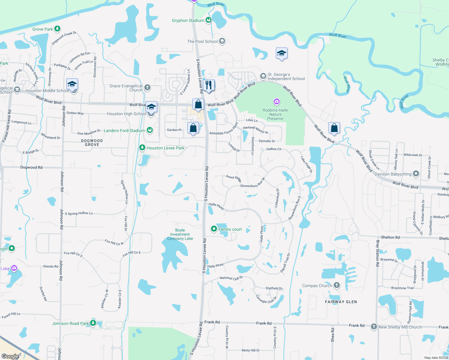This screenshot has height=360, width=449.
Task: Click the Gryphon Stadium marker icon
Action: tap(209, 20)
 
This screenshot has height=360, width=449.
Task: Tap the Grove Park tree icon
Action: tap(57, 29)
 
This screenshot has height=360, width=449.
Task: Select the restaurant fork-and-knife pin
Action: tap(209, 85)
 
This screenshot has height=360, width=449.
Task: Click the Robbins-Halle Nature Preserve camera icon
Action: tap(276, 102)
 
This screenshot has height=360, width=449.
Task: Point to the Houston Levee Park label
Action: tap(165, 148)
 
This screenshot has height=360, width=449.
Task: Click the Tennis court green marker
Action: tap(214, 229)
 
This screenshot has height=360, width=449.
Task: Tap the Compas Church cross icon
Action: tap(337, 285)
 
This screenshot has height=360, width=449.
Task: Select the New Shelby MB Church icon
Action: tap(374, 327)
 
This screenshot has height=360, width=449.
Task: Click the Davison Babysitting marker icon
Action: tap(416, 174)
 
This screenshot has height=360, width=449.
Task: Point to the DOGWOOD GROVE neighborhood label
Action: tap(92, 142)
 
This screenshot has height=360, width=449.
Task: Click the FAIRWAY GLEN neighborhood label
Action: tap(341, 302)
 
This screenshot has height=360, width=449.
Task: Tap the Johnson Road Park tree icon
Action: tap(93, 323)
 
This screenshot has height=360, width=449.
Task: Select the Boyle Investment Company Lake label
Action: tap(180, 234)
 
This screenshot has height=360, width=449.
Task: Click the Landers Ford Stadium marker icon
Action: tap(149, 130)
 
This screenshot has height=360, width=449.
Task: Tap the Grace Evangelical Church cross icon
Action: tap(147, 88)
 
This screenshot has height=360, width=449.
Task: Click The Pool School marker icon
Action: tap(222, 41)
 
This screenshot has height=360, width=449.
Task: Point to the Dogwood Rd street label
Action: tap(32, 167)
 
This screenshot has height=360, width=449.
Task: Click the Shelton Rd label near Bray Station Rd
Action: tap(390, 237)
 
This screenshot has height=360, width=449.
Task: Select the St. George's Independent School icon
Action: tap(263, 76)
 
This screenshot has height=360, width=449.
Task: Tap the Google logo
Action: tap(10, 356)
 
